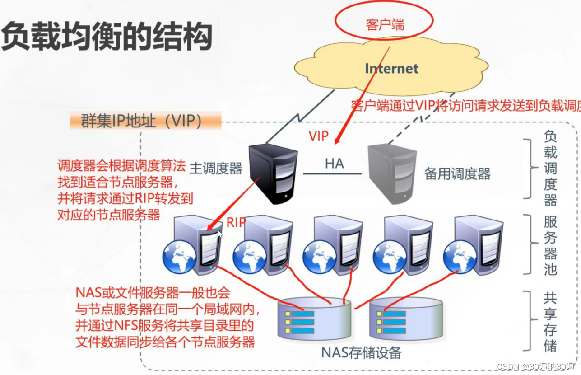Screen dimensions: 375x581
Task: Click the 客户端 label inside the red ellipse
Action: point(385,24)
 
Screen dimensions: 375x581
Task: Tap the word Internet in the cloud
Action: point(391,69)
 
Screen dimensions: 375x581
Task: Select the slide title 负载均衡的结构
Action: point(107,36)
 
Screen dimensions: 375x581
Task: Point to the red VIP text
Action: point(319,136)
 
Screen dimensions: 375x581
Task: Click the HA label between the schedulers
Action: point(335,164)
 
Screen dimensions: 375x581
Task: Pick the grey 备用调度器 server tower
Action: point(392,173)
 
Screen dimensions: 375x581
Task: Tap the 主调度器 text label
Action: point(216,169)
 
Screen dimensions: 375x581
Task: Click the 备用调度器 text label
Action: point(457,173)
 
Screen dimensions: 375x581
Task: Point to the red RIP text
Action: point(236,222)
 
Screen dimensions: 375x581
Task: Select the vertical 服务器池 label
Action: point(550,245)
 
